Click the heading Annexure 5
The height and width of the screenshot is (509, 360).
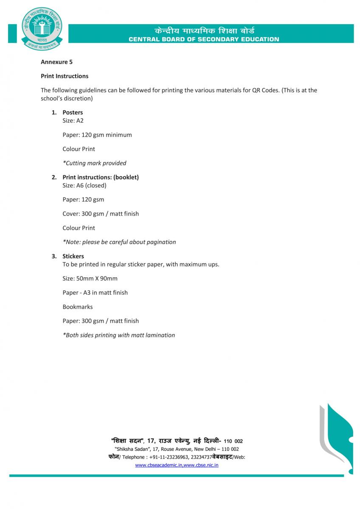coord(56,62)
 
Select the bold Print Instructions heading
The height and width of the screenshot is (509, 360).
coord(65,76)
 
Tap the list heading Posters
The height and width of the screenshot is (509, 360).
coord(73,112)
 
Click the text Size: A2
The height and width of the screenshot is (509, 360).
coord(73,120)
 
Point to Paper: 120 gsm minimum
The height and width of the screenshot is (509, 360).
coord(97,135)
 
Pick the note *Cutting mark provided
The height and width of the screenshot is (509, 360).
coord(94,163)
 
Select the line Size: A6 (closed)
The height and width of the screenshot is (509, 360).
coord(84,185)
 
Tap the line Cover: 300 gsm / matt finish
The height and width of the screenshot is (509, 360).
coord(101,214)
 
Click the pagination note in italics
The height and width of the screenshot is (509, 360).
coord(119,242)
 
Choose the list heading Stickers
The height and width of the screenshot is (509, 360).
coord(73,256)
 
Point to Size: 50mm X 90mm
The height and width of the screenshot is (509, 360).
coord(90,279)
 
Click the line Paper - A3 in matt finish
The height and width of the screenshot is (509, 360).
coord(95,293)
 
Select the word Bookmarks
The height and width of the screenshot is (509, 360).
coord(77,307)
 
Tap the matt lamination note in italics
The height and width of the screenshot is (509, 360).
coord(118,335)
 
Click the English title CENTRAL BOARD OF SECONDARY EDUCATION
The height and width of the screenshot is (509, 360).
coord(204,39)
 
